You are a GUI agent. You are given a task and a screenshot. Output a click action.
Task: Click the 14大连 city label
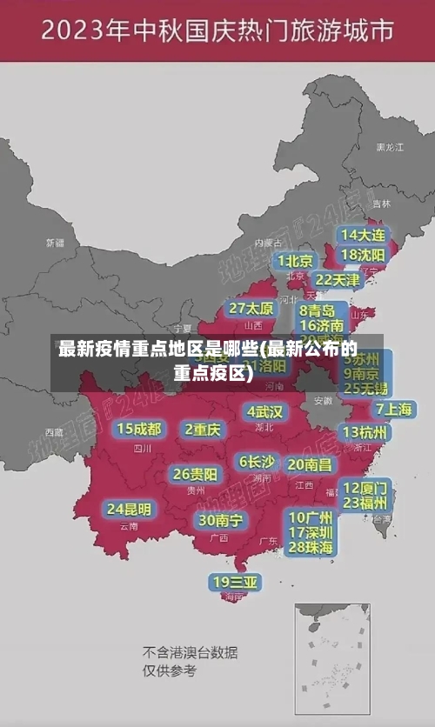coord(364,235)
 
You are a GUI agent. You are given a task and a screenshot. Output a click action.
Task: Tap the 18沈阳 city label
coord(364,255)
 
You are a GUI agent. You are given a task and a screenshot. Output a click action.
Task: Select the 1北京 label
coord(295,261)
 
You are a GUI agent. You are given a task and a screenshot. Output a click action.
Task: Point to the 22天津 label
coord(337,280)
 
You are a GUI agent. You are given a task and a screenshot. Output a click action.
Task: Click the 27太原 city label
coord(251,309)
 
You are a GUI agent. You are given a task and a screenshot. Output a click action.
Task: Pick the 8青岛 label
coord(318,310)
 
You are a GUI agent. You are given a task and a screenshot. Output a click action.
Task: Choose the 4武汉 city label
coord(265,410)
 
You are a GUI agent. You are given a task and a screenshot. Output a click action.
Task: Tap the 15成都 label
coord(139,429)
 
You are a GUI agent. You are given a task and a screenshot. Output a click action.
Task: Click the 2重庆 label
coord(203,429)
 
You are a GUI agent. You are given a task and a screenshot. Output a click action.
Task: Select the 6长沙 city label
coord(257,462)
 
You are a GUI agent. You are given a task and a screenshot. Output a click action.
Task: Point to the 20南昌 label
coord(310,464)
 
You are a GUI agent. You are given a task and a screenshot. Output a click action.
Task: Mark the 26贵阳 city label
coord(195,474)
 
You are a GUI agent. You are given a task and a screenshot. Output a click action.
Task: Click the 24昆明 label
coord(129,509)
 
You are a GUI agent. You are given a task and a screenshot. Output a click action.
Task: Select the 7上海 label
coord(394,409)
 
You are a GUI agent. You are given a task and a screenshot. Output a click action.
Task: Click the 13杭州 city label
coord(366,432)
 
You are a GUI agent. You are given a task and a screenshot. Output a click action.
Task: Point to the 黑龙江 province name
coord(389,148)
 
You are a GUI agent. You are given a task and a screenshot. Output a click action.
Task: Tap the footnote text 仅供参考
coord(170,670)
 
